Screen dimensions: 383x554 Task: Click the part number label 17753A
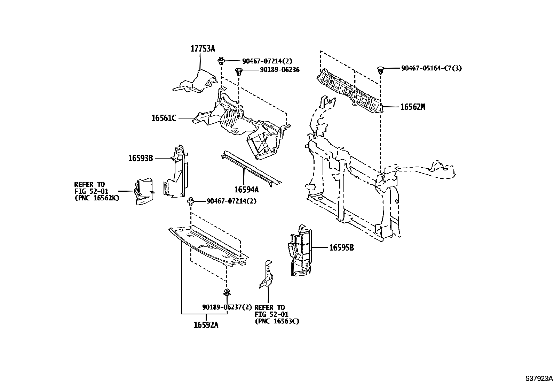coord(203,49)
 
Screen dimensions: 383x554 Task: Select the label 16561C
coord(164,118)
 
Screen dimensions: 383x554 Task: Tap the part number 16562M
coord(412,107)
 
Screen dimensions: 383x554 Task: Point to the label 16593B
coord(141,158)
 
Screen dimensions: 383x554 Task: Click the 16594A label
coord(246,190)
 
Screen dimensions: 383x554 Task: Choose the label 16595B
coord(341,248)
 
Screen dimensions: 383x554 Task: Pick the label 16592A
coord(206,325)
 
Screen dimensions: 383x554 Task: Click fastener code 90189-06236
coord(279,70)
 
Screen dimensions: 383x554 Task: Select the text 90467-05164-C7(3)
coord(431,68)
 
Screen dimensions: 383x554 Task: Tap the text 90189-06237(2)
coord(227,307)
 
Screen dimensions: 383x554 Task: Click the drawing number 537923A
coord(539,378)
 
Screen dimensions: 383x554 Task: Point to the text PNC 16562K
coord(96,198)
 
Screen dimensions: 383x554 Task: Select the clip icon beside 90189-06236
coord(239,72)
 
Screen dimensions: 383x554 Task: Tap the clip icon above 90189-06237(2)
coord(227,293)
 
